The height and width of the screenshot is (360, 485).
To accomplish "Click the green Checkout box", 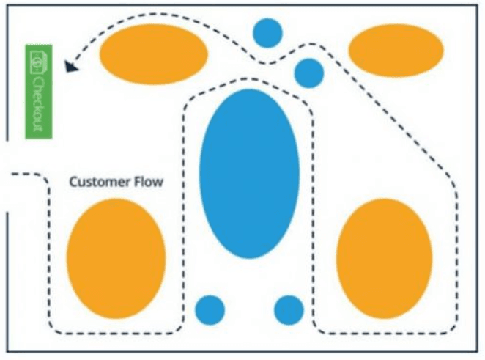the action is tap(39, 92).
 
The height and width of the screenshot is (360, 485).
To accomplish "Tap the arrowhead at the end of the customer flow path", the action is tap(71, 66).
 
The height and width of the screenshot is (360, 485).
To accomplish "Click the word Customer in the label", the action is tap(99, 182).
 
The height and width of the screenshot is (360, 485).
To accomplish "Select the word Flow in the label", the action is tap(148, 182).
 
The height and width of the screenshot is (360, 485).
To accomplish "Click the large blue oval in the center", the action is tap(249, 173).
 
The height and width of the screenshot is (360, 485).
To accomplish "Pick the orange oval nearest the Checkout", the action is tap(153, 54).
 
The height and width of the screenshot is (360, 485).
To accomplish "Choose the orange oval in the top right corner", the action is tap(396, 50).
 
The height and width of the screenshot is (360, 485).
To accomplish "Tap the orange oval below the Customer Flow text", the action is tap(116, 259).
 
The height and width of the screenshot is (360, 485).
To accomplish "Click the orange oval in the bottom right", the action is tap(384, 259).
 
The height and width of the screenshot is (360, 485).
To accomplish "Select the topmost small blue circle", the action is tap(267, 33).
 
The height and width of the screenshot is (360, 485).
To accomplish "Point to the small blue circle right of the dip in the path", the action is tap(309, 73).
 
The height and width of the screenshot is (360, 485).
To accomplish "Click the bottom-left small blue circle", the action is tap(210, 310).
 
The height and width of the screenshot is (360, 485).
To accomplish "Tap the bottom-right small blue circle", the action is tap(289, 310).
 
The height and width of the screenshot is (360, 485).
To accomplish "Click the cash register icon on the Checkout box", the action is tap(38, 62).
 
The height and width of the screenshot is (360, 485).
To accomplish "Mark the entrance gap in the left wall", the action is tap(7, 177).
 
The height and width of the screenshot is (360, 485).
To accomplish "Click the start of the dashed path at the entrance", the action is tap(12, 174).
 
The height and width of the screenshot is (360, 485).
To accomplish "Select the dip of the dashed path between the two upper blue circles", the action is tap(264, 63).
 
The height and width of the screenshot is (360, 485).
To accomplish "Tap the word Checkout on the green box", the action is tap(38, 103).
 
